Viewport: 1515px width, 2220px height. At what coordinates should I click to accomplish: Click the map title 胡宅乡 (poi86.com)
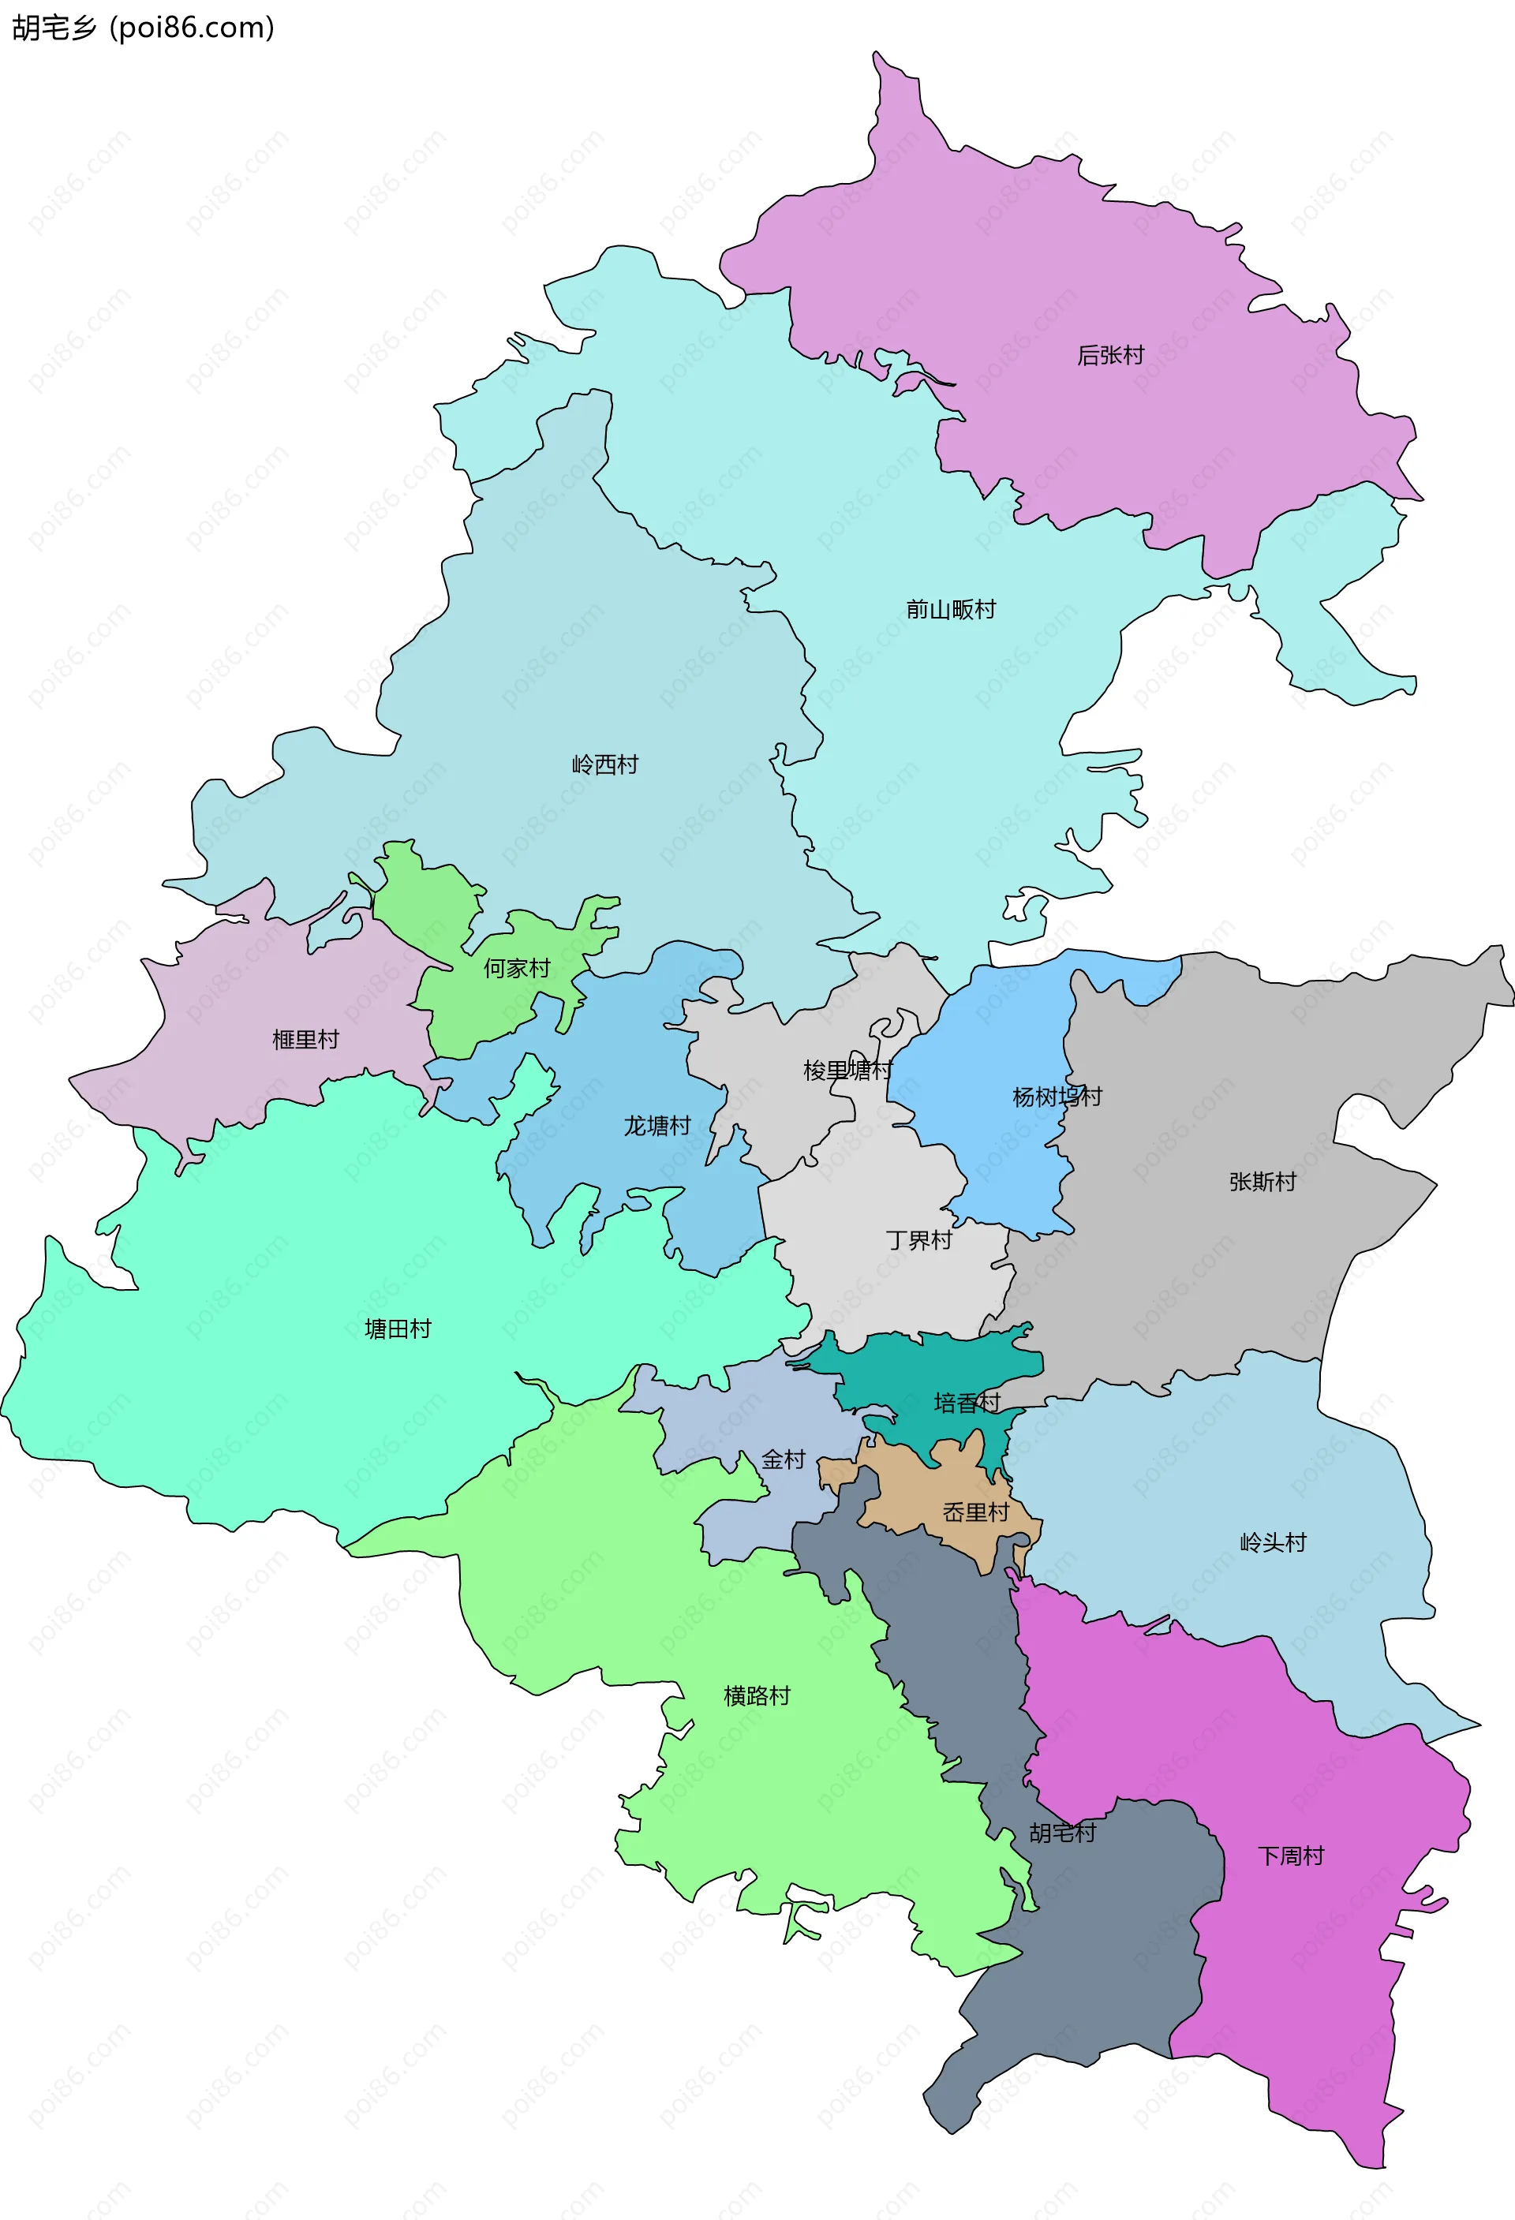click(x=144, y=27)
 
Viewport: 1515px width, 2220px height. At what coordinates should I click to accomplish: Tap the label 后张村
click(x=1110, y=355)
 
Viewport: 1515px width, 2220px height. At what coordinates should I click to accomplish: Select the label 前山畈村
click(x=951, y=610)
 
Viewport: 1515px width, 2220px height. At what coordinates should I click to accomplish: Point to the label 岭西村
click(x=604, y=764)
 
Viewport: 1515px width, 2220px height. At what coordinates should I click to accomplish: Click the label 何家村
click(x=517, y=969)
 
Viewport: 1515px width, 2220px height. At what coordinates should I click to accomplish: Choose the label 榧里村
click(x=305, y=1039)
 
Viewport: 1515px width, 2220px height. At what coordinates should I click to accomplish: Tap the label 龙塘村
click(x=657, y=1127)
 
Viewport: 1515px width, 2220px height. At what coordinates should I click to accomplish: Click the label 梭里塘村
click(x=847, y=1070)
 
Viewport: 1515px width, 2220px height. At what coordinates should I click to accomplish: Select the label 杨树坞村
click(x=1057, y=1097)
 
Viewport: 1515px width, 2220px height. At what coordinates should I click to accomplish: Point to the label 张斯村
click(x=1262, y=1182)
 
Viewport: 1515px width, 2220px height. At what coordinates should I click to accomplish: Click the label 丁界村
click(x=919, y=1240)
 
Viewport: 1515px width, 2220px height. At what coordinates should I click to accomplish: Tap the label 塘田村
click(x=398, y=1329)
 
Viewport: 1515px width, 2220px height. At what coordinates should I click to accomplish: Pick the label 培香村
click(x=967, y=1403)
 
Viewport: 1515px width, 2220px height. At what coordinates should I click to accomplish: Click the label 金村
click(x=784, y=1459)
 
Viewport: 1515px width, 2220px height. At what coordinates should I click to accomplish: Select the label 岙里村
click(x=975, y=1512)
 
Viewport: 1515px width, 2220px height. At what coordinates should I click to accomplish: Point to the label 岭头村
click(x=1273, y=1542)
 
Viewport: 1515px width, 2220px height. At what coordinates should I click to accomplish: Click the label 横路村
click(x=757, y=1695)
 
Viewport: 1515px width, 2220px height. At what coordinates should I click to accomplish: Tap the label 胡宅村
click(x=1062, y=1832)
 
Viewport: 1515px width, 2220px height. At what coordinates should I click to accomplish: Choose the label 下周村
click(x=1291, y=1855)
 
